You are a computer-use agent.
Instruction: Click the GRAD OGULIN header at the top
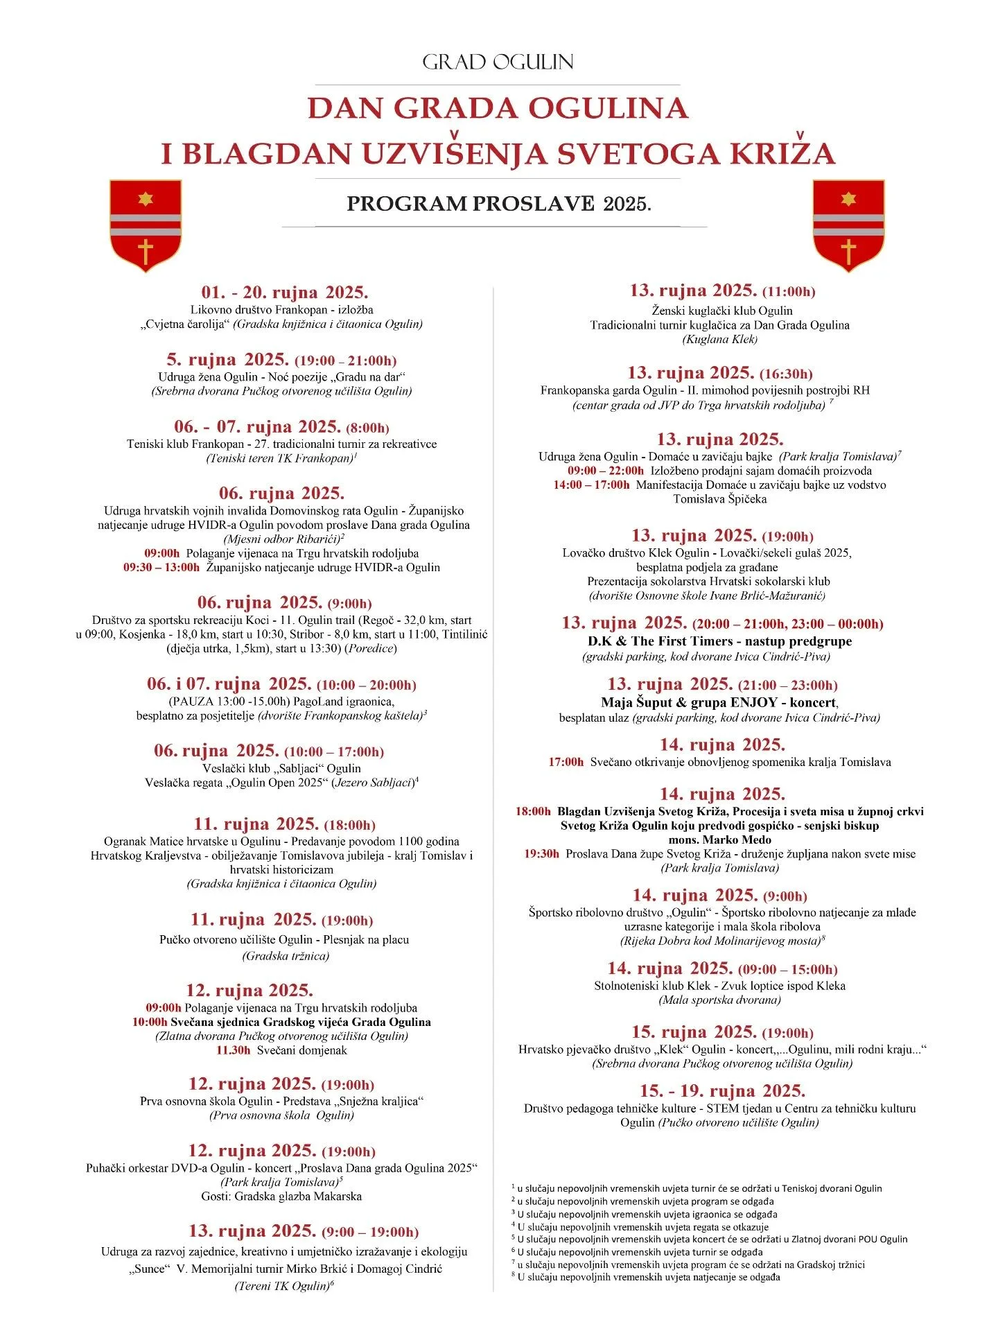[x=498, y=62]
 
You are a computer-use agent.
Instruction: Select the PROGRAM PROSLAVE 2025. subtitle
[x=499, y=204]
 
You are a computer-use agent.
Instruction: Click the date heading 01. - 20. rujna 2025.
[x=285, y=292]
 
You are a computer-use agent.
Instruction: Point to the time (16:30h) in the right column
[x=786, y=374]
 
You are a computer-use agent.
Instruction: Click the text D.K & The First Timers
[x=660, y=641]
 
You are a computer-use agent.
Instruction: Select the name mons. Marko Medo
[x=719, y=840]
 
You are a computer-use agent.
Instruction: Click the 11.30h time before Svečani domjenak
[x=233, y=1050]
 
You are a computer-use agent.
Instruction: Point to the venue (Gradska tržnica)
[x=286, y=956]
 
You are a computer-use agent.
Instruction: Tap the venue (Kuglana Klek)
[x=719, y=339]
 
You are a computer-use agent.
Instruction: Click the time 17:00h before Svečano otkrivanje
[x=566, y=763]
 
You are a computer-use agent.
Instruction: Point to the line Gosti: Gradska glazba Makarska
[x=281, y=1196]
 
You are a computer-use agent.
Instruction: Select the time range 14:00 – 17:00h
[x=591, y=485]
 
